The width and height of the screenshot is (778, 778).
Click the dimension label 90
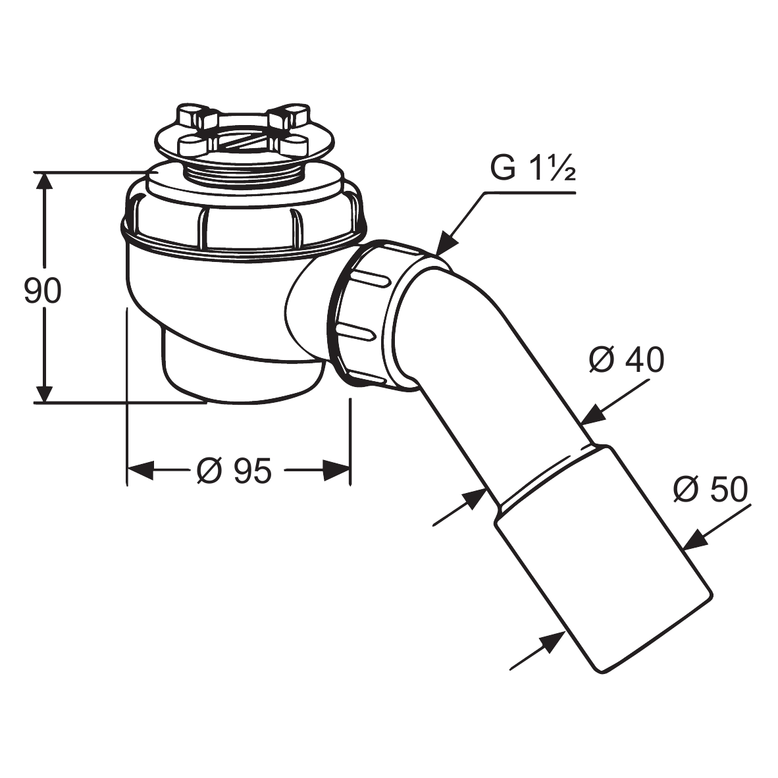pos(43,291)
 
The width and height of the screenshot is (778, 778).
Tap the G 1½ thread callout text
pos(533,169)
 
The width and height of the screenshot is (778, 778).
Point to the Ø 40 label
pos(627,360)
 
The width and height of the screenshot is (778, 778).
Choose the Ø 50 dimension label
pos(710,489)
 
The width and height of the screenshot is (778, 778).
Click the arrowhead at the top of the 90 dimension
pos(44,184)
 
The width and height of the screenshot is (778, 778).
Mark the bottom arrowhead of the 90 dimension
pos(44,391)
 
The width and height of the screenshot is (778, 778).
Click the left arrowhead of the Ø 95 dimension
pos(140,470)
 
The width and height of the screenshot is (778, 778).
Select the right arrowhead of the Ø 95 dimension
pos(337,470)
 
